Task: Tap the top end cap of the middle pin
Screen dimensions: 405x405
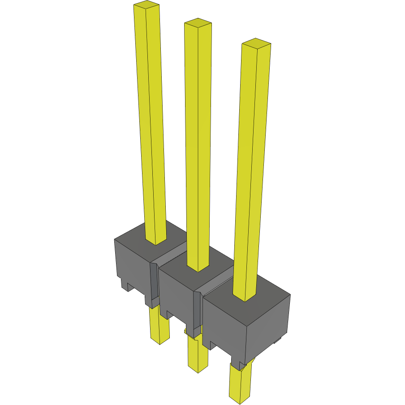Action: [x=198, y=23]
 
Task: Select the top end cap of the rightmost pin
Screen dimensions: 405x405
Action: [x=256, y=43]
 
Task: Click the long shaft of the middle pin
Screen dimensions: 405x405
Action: [x=198, y=143]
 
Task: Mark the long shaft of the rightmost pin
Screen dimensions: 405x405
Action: [x=252, y=170]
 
